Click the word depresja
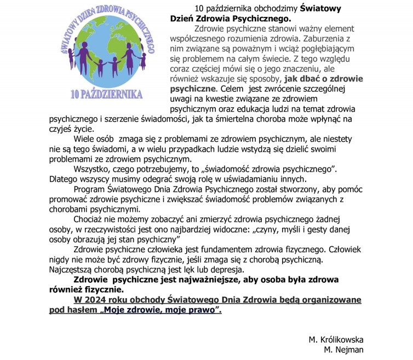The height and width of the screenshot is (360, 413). coord(222,270)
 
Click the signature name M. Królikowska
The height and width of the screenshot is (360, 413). coord(335,339)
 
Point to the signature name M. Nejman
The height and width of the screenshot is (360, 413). coord(343,349)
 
